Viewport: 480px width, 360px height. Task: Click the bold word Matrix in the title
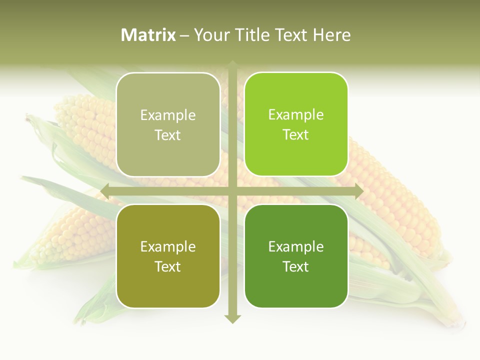click(148, 35)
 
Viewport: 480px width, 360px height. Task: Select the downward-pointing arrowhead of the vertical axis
click(232, 318)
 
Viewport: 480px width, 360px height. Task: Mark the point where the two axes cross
click(232, 191)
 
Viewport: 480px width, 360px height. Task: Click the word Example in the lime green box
click(296, 115)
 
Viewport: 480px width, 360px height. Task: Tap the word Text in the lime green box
click(296, 134)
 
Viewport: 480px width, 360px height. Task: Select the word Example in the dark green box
click(296, 246)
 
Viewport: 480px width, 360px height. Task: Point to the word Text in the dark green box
click(296, 266)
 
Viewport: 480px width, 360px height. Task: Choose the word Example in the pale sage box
click(168, 115)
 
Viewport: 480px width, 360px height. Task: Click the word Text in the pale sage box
click(168, 135)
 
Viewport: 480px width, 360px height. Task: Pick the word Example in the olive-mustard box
click(168, 246)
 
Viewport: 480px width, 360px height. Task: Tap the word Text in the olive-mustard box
click(168, 266)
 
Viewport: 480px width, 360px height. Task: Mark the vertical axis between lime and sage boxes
click(232, 125)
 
